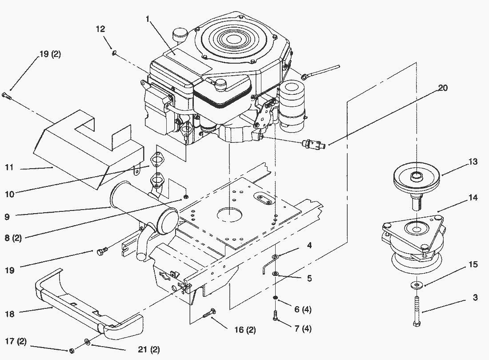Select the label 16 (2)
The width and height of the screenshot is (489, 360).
click(244, 330)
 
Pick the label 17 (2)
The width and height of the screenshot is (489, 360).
click(16, 342)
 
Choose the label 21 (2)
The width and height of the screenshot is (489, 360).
click(148, 350)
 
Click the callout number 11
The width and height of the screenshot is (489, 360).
click(9, 168)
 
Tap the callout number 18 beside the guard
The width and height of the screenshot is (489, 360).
click(9, 314)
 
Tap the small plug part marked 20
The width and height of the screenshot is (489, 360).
click(313, 144)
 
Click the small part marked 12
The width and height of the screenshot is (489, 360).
click(114, 53)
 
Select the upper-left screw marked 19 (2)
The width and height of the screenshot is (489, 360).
click(6, 94)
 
